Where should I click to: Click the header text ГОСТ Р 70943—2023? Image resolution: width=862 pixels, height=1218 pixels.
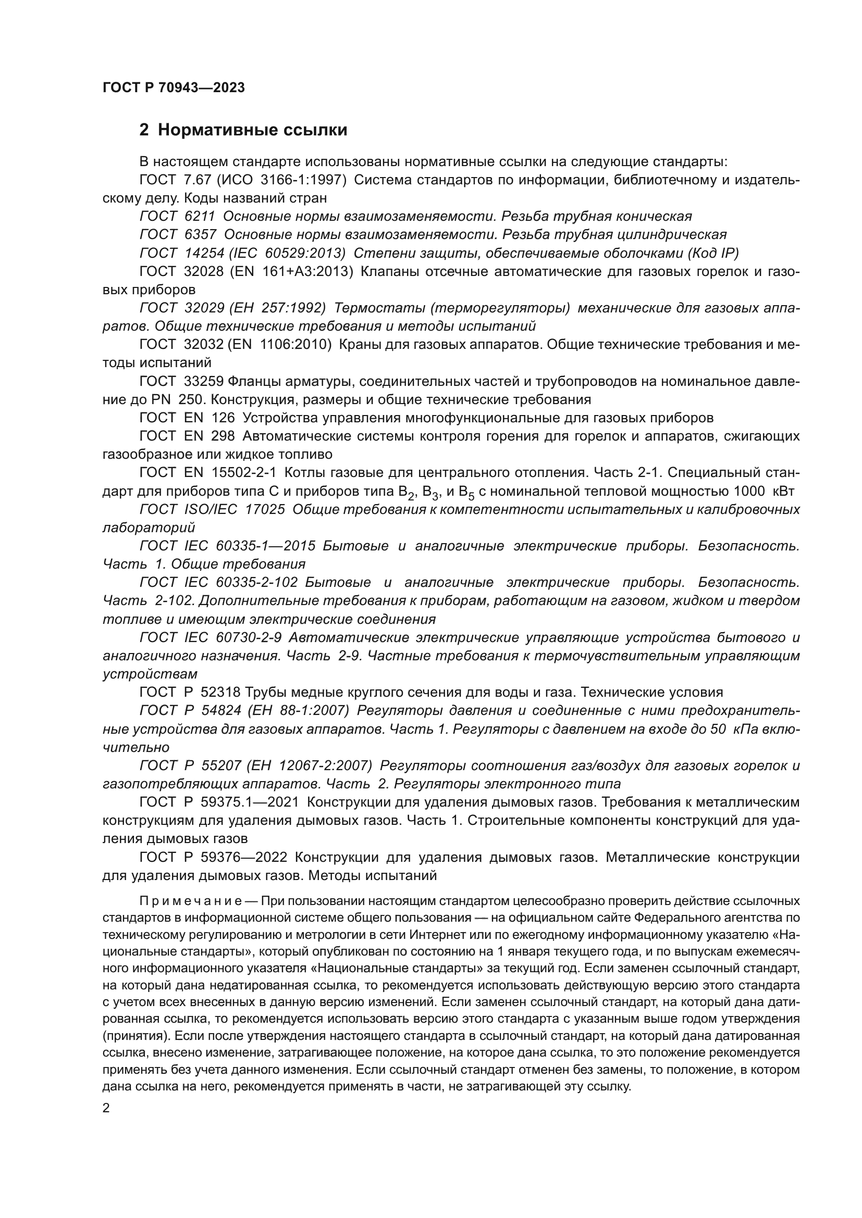(x=174, y=88)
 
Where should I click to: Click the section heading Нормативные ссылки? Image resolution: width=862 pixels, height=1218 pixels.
(x=252, y=130)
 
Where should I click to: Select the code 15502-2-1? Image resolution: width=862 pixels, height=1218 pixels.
(x=243, y=473)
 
